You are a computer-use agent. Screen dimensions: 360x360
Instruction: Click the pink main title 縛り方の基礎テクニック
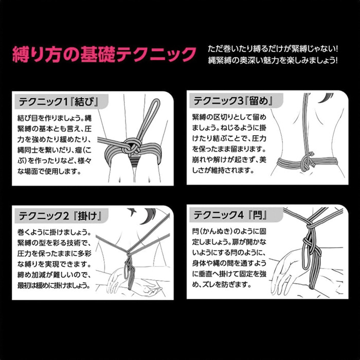pos(104,55)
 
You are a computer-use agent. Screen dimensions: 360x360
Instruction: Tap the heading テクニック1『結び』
pos(59,102)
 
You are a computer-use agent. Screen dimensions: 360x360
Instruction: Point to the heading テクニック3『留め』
pos(233,101)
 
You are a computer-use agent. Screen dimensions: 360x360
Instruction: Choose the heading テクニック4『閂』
pos(231,215)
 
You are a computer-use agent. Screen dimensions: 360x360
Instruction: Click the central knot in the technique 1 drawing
pos(131,146)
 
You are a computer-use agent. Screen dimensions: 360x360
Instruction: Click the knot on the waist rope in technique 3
pos(307,162)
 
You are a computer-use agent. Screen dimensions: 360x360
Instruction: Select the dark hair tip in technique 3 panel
pos(326,98)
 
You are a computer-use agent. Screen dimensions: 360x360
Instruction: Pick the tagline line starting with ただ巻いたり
pos(273,49)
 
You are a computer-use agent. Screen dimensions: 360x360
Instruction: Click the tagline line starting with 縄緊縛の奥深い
pos(273,60)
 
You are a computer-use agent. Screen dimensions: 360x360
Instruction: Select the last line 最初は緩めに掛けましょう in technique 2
pos(53,285)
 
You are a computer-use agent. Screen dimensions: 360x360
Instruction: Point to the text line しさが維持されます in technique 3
pos(223,170)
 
